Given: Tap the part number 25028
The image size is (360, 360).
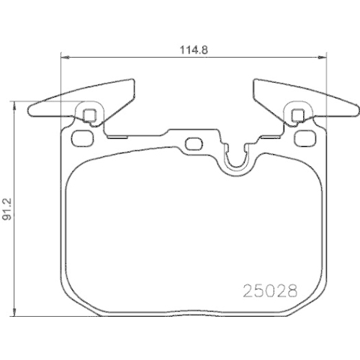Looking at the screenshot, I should pos(268,292).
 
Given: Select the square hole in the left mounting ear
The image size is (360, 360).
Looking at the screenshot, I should pos(90,114).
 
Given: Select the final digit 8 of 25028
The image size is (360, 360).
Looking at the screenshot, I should pos(292,292).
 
